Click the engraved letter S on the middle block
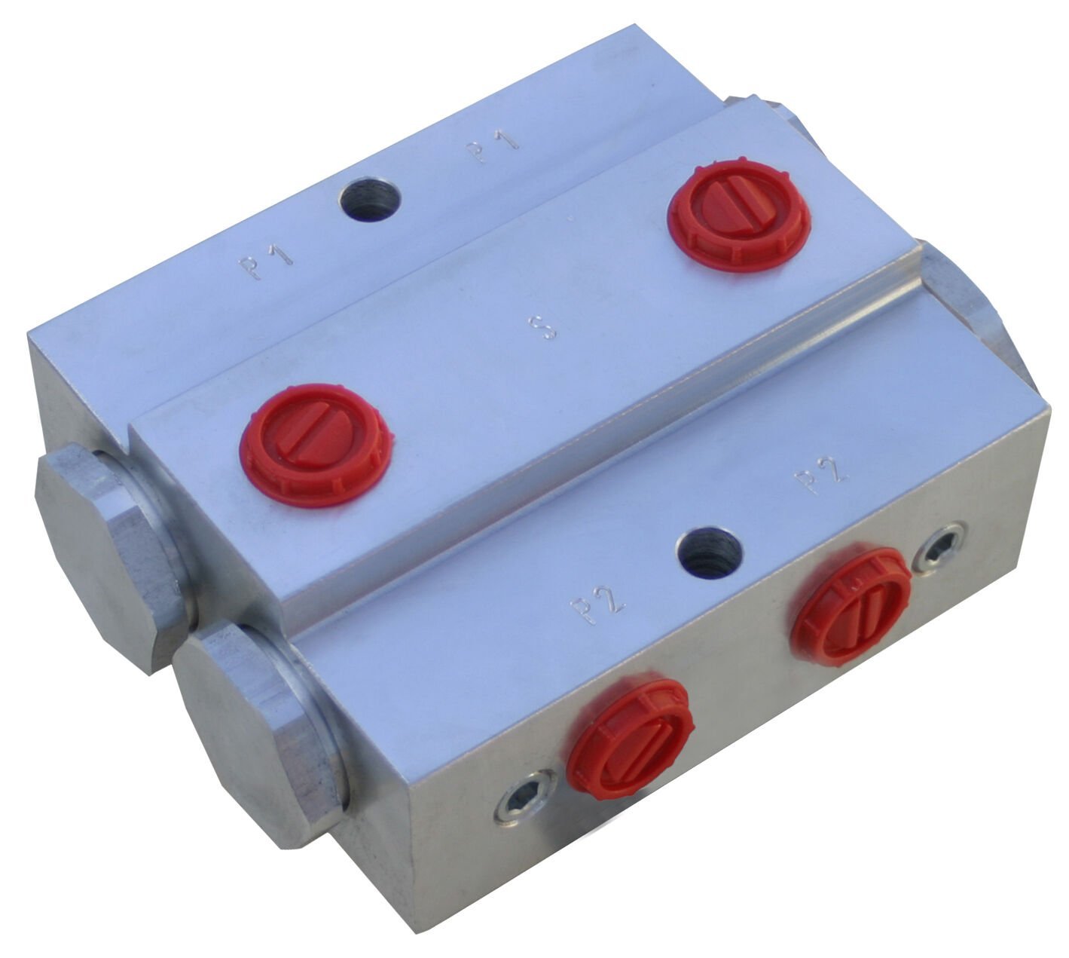click(543, 327)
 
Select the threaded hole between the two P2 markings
click(712, 552)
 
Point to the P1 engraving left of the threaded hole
click(265, 261)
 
